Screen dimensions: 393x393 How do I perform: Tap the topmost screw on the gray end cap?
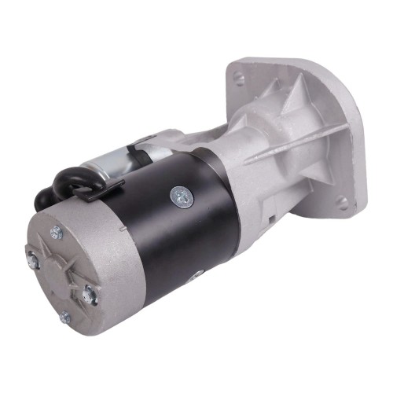point(56,232)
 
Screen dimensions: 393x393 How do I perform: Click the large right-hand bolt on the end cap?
point(90,295)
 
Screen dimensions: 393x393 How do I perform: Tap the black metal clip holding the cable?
point(110,187)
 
